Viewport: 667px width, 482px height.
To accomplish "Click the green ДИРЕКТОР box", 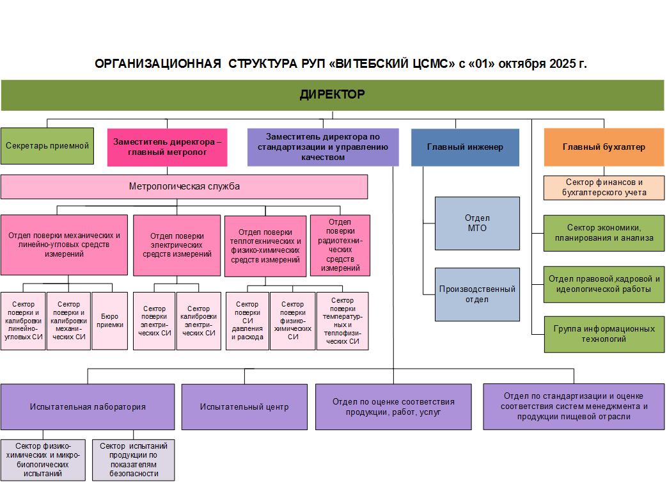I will click(x=332, y=95).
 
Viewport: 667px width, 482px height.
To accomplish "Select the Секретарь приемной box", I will click(x=47, y=146).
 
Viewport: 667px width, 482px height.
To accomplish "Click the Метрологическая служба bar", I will click(x=184, y=187).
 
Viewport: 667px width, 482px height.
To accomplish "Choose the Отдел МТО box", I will click(x=476, y=223).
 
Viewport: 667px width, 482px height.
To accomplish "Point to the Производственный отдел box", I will click(x=476, y=294).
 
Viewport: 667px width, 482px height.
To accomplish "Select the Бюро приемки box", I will click(x=109, y=320).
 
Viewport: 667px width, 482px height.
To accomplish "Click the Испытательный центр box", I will click(x=244, y=406).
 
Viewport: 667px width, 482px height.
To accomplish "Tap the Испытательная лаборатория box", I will click(x=88, y=406).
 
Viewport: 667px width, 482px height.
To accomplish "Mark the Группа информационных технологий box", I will click(x=604, y=333).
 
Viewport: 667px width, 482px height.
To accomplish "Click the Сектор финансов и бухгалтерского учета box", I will click(x=604, y=188).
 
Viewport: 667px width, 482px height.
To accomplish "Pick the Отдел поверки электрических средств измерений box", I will click(x=177, y=245).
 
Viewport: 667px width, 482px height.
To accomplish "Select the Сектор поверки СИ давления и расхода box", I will click(x=247, y=321).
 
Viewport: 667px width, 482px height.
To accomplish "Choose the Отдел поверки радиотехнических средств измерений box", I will click(x=340, y=245).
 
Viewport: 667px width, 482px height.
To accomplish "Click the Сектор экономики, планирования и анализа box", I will click(x=604, y=232).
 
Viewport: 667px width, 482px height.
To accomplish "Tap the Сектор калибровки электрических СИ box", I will click(x=199, y=321).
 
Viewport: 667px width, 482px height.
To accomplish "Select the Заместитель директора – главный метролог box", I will click(x=168, y=147).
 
